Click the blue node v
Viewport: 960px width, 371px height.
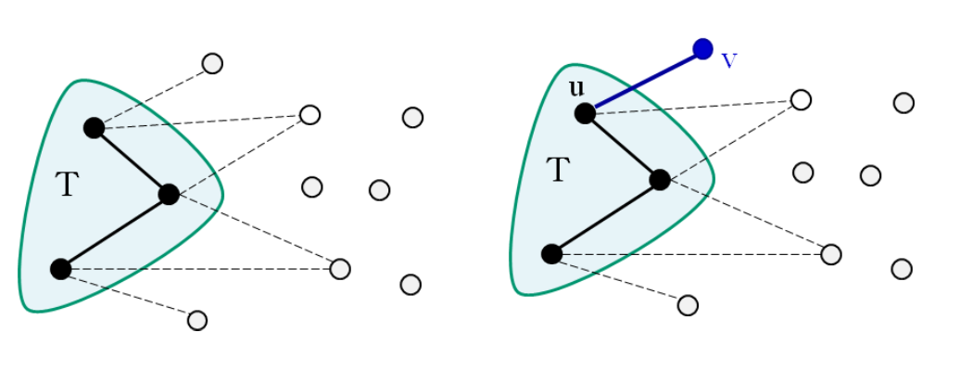click(x=702, y=48)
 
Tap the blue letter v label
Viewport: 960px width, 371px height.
click(x=728, y=61)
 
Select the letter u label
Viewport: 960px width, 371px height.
click(x=575, y=88)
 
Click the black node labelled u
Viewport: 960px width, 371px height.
click(x=585, y=113)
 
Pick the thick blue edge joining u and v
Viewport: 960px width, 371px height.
click(x=644, y=81)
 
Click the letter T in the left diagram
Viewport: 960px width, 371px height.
click(x=66, y=185)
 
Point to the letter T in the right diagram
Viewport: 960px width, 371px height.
click(x=557, y=170)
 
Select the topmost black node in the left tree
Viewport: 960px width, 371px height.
click(x=94, y=128)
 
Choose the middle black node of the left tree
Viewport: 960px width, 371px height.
click(x=169, y=194)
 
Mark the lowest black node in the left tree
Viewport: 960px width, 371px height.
click(x=61, y=269)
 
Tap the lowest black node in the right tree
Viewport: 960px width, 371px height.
click(x=551, y=253)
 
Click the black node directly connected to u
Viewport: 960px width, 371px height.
click(x=660, y=180)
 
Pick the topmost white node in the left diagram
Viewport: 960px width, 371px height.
click(x=212, y=63)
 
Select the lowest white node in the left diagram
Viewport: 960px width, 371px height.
click(x=196, y=320)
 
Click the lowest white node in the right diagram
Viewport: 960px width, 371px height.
click(x=688, y=305)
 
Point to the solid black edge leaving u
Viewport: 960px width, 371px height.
click(x=622, y=147)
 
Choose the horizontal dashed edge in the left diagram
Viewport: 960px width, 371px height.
click(x=199, y=269)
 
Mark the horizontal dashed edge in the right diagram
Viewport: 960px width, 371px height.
click(x=690, y=253)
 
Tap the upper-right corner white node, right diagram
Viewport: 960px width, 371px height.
click(x=903, y=103)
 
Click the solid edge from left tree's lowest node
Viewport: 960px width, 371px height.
click(x=115, y=231)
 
